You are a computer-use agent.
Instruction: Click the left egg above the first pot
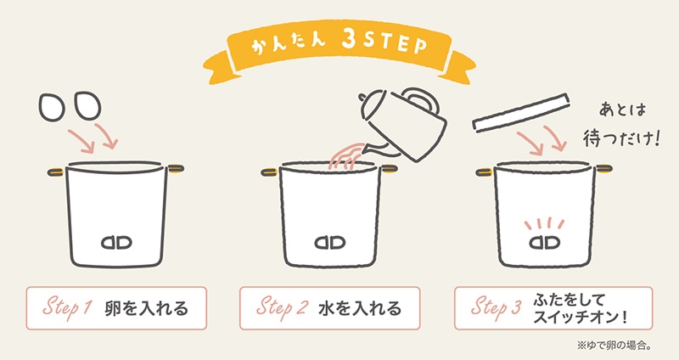click(x=52, y=107)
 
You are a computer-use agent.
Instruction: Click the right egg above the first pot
click(x=87, y=104)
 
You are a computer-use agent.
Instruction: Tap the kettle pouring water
click(x=401, y=123)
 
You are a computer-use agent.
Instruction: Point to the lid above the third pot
click(x=520, y=112)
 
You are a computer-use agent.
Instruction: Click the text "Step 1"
click(x=68, y=308)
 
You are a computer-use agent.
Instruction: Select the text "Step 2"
click(x=282, y=308)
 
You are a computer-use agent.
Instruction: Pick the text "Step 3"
click(x=497, y=308)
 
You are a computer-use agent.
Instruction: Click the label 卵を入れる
click(x=146, y=308)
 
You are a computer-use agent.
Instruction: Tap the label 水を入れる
click(x=360, y=308)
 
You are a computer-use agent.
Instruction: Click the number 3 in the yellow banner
click(x=349, y=42)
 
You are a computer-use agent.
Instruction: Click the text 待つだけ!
click(x=621, y=138)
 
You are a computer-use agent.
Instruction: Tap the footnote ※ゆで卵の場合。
click(x=614, y=346)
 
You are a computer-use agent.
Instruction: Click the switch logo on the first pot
click(x=116, y=243)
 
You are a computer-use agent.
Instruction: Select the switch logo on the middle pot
click(x=330, y=243)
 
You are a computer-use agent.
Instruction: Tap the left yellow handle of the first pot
click(x=56, y=172)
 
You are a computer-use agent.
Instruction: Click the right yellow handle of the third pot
click(x=603, y=169)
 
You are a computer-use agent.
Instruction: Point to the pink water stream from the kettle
click(x=345, y=156)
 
